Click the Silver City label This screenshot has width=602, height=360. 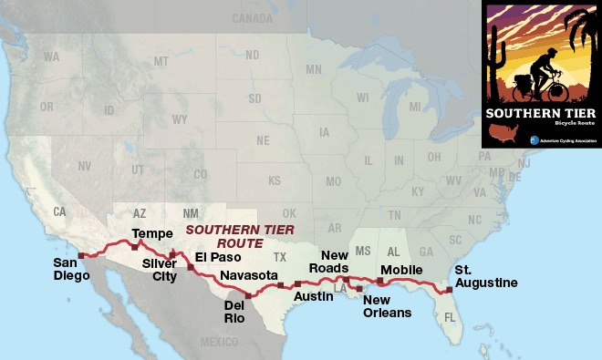[159, 272]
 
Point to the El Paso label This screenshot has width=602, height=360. [218, 257]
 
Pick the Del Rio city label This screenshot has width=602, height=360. [236, 312]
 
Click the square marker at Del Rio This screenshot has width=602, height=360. [248, 295]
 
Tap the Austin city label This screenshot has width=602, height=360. [313, 296]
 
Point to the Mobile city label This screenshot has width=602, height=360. [401, 271]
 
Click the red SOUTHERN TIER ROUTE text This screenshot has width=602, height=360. [229, 237]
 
